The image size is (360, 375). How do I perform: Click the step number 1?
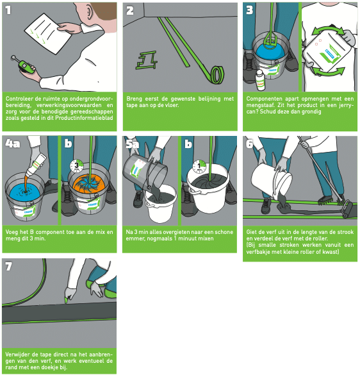click(8, 10)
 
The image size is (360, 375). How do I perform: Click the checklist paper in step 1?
click(48, 33)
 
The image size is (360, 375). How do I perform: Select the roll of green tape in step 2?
click(215, 75)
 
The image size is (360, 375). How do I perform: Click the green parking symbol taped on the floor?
click(147, 60)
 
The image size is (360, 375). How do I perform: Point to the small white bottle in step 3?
click(260, 80)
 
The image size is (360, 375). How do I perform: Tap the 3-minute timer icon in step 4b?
click(77, 165)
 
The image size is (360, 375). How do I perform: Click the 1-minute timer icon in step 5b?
click(199, 167)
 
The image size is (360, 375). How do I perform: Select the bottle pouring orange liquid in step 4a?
click(37, 165)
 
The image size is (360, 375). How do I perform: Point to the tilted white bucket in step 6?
click(272, 181)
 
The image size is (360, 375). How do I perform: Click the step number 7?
click(8, 267)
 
